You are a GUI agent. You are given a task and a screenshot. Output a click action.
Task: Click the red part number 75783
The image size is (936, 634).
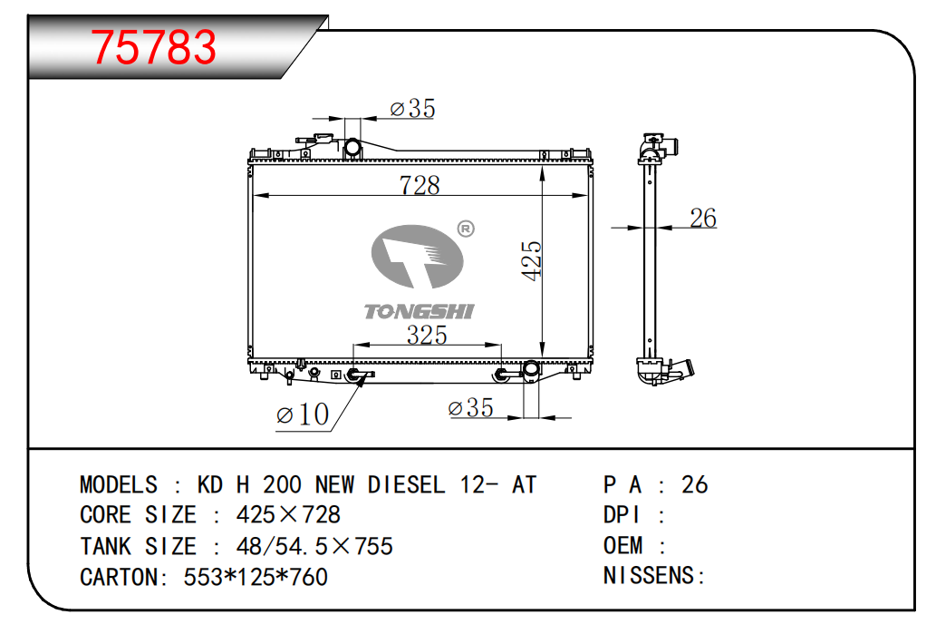click(x=153, y=47)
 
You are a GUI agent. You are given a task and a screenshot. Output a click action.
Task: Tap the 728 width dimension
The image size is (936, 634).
click(x=420, y=185)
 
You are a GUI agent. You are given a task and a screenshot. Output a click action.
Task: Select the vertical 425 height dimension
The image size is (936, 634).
click(x=531, y=260)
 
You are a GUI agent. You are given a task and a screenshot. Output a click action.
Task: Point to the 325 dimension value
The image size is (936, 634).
click(x=427, y=335)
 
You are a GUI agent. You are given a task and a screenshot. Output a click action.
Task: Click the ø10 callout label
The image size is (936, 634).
click(x=303, y=415)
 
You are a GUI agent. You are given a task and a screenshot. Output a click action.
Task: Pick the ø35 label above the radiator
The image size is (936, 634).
click(x=412, y=108)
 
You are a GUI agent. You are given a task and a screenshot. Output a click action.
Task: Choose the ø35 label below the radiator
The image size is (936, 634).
click(x=470, y=407)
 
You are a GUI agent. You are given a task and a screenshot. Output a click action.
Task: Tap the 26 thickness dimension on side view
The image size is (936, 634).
click(x=702, y=218)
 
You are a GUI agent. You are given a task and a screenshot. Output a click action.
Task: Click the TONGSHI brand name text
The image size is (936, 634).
click(x=419, y=311)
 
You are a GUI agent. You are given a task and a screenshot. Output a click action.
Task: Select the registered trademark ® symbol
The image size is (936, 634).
click(x=466, y=229)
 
